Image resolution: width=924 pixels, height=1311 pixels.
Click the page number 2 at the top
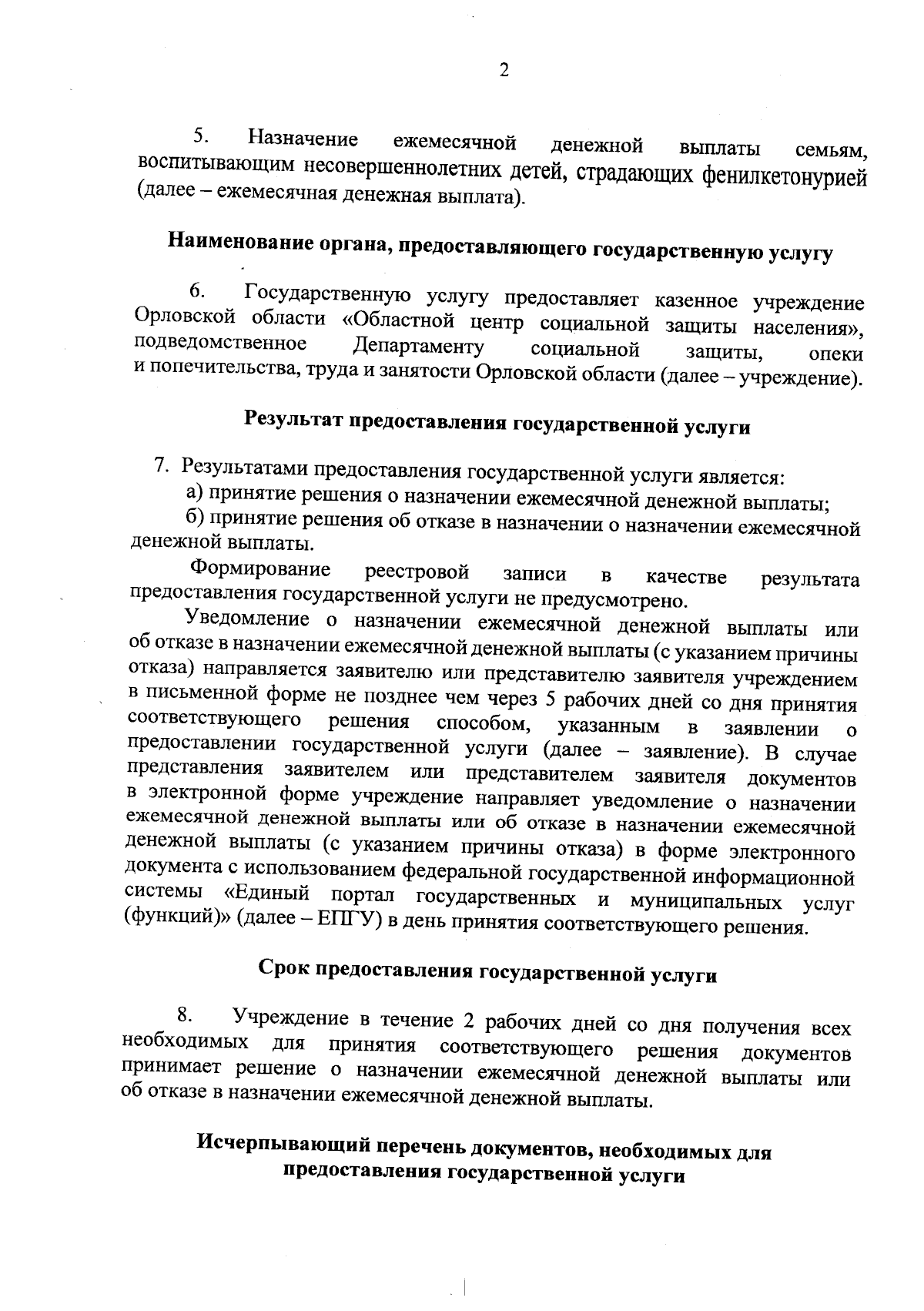(x=504, y=70)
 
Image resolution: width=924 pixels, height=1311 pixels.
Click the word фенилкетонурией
(x=785, y=178)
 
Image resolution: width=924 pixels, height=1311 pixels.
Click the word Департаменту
(x=418, y=345)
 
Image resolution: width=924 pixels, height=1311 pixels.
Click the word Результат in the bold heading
(x=293, y=419)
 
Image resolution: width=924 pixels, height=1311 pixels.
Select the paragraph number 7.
(x=161, y=464)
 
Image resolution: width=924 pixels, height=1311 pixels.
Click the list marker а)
(x=195, y=491)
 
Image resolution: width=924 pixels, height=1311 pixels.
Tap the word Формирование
(x=260, y=569)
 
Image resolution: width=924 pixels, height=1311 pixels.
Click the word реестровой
(x=417, y=572)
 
